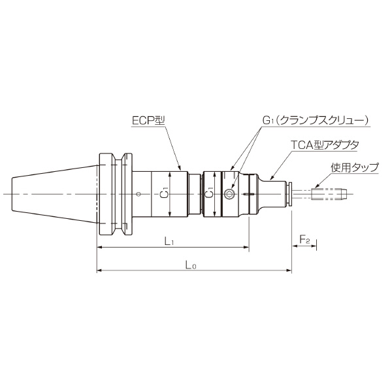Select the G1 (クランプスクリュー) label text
click(x=316, y=121)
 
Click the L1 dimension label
click(x=168, y=242)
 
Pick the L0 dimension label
click(x=191, y=264)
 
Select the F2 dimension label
click(x=304, y=240)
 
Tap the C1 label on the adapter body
click(x=210, y=194)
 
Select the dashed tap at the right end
click(x=327, y=193)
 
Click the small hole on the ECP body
click(x=139, y=194)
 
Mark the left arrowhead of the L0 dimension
click(x=99, y=269)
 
